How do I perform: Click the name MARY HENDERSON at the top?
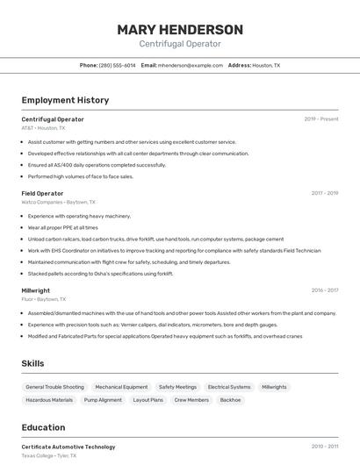coord(180,29)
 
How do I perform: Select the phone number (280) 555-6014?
coord(117,65)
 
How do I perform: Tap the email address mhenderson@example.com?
coord(191,65)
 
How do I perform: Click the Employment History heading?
coord(65,100)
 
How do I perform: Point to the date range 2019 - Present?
coord(321,118)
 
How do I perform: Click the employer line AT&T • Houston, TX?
coord(43,128)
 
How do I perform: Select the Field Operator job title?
coord(42,193)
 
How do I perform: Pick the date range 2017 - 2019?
coord(324,193)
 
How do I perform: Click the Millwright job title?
coord(36,290)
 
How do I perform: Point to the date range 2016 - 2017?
coord(324,290)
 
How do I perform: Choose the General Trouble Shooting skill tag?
coord(54,387)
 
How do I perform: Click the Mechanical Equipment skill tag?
coord(121,387)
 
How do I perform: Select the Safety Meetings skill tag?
coord(177,387)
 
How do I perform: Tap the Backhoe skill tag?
coord(230,400)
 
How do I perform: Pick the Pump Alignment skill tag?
coord(103,400)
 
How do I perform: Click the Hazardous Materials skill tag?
coord(49,400)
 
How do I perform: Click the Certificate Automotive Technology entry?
coord(68,447)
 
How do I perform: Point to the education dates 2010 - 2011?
coord(324,447)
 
